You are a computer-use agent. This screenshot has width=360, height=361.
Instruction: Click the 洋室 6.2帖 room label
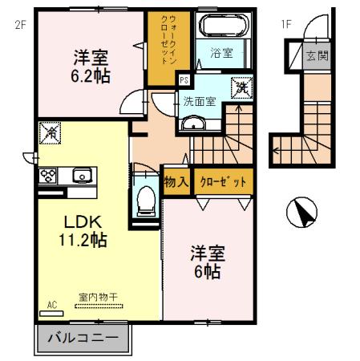pos(92,67)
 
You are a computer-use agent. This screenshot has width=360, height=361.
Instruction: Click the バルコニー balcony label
pos(83,338)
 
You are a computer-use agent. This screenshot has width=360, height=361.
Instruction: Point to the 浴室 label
pos(222,53)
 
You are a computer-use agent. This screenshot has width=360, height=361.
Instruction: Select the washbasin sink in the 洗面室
pos(192,122)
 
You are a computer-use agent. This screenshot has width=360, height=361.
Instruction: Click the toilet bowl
pos(145,197)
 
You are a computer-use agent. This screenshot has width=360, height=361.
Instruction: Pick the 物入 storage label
pos(176,181)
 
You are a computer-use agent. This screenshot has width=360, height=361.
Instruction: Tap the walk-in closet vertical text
pos(169,44)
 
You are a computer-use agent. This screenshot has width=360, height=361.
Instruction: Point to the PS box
pos(184,79)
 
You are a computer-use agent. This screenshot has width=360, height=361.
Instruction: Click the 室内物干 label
pos(98,297)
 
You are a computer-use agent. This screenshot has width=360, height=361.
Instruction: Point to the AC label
pos(53,304)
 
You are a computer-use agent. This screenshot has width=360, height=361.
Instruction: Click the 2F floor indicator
pos(20,23)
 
